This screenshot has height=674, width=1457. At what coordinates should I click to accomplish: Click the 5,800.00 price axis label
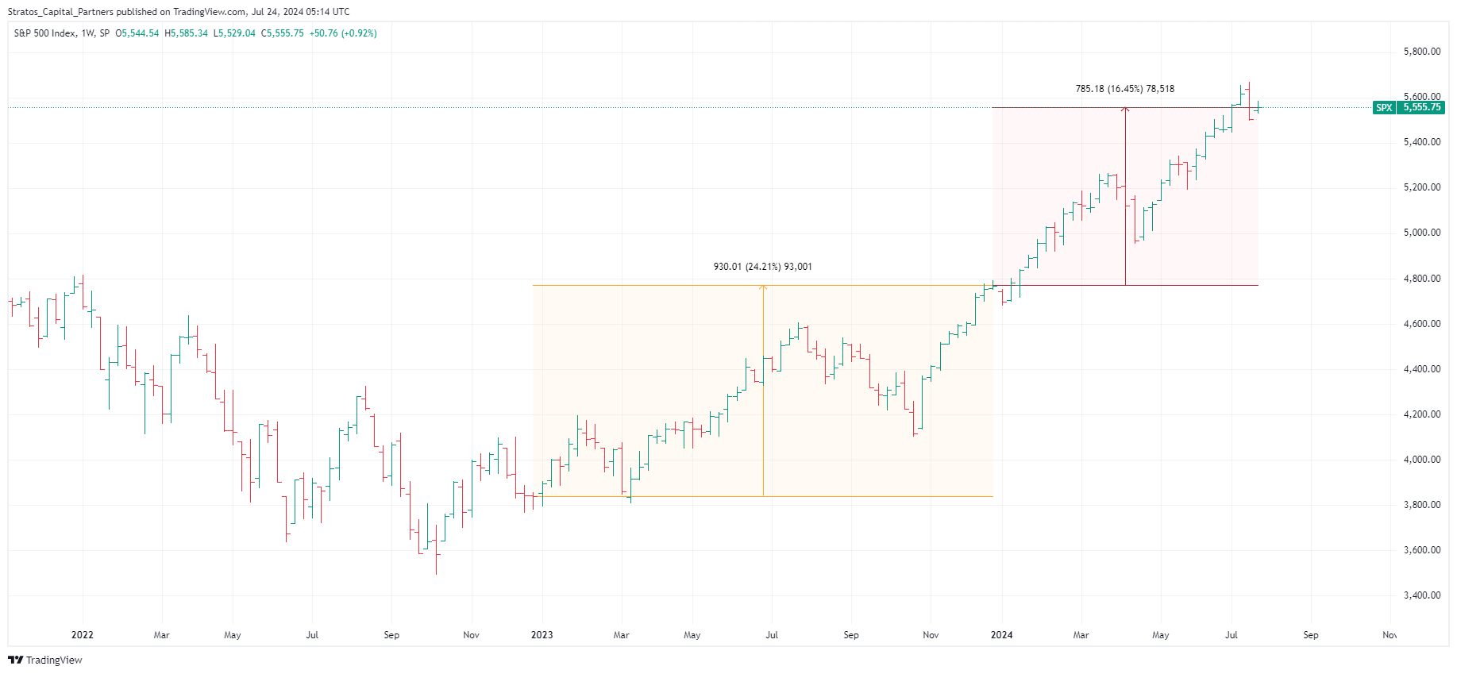point(1421,52)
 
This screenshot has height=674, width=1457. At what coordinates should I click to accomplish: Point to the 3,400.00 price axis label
point(1421,595)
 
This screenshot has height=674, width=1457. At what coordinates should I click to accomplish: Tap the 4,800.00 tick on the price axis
point(1421,279)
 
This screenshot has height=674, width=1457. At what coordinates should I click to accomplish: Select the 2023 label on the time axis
point(542,635)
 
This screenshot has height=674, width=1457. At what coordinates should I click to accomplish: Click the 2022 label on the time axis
point(82,635)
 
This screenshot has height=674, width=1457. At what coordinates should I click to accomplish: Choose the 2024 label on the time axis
point(1001,635)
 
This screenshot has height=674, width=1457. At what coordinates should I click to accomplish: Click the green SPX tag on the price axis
point(1384,108)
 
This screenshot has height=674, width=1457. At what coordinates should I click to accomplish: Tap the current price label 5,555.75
point(1421,108)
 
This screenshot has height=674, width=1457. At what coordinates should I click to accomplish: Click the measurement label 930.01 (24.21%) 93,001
point(762,267)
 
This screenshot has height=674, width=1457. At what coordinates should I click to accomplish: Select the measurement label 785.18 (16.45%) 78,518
point(1124,89)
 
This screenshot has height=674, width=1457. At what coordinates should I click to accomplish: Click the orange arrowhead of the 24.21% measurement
point(763,287)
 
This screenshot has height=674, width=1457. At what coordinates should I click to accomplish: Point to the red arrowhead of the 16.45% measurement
point(1125,110)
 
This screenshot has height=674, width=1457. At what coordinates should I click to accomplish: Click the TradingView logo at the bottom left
point(45,661)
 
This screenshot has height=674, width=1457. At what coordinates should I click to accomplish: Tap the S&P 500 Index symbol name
point(44,33)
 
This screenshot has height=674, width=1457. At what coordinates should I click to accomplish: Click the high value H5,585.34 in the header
point(186,33)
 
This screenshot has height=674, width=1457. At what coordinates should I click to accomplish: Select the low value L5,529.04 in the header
point(234,33)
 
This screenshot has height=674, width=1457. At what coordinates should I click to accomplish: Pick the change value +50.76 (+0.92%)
point(343,33)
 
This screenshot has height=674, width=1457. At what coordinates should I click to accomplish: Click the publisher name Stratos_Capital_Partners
point(60,12)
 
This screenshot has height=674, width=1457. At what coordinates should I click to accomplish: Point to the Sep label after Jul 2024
point(1310,635)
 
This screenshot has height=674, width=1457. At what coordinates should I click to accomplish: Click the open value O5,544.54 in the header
point(137,33)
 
